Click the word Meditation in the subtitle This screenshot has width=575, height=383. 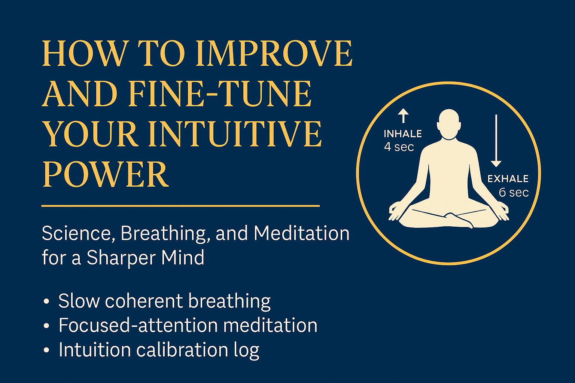point(301,233)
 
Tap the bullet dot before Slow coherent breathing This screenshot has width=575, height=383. point(46,301)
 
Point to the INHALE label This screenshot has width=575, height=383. point(403,134)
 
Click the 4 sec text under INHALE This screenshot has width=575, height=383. point(399,147)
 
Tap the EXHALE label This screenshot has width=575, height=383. point(508,179)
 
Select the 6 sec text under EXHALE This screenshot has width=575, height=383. point(514,193)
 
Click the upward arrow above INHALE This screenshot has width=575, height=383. point(403,116)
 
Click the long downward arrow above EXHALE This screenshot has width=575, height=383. point(496,140)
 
